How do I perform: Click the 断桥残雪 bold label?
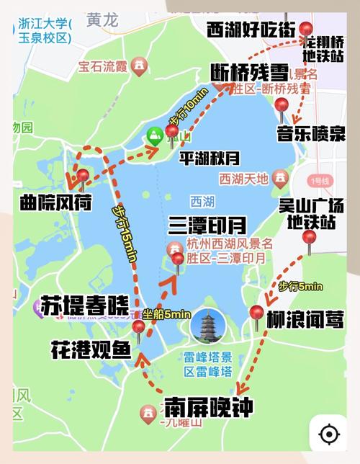coord(250,72)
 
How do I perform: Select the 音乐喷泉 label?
coord(311,134)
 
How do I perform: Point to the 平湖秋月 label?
coord(210,157)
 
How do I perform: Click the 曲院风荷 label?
coord(56,202)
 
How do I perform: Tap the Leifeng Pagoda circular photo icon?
coord(208,326)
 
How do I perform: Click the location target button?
coord(329,435)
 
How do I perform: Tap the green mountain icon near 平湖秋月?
coord(154,135)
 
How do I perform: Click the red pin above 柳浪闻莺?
coord(256,314)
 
